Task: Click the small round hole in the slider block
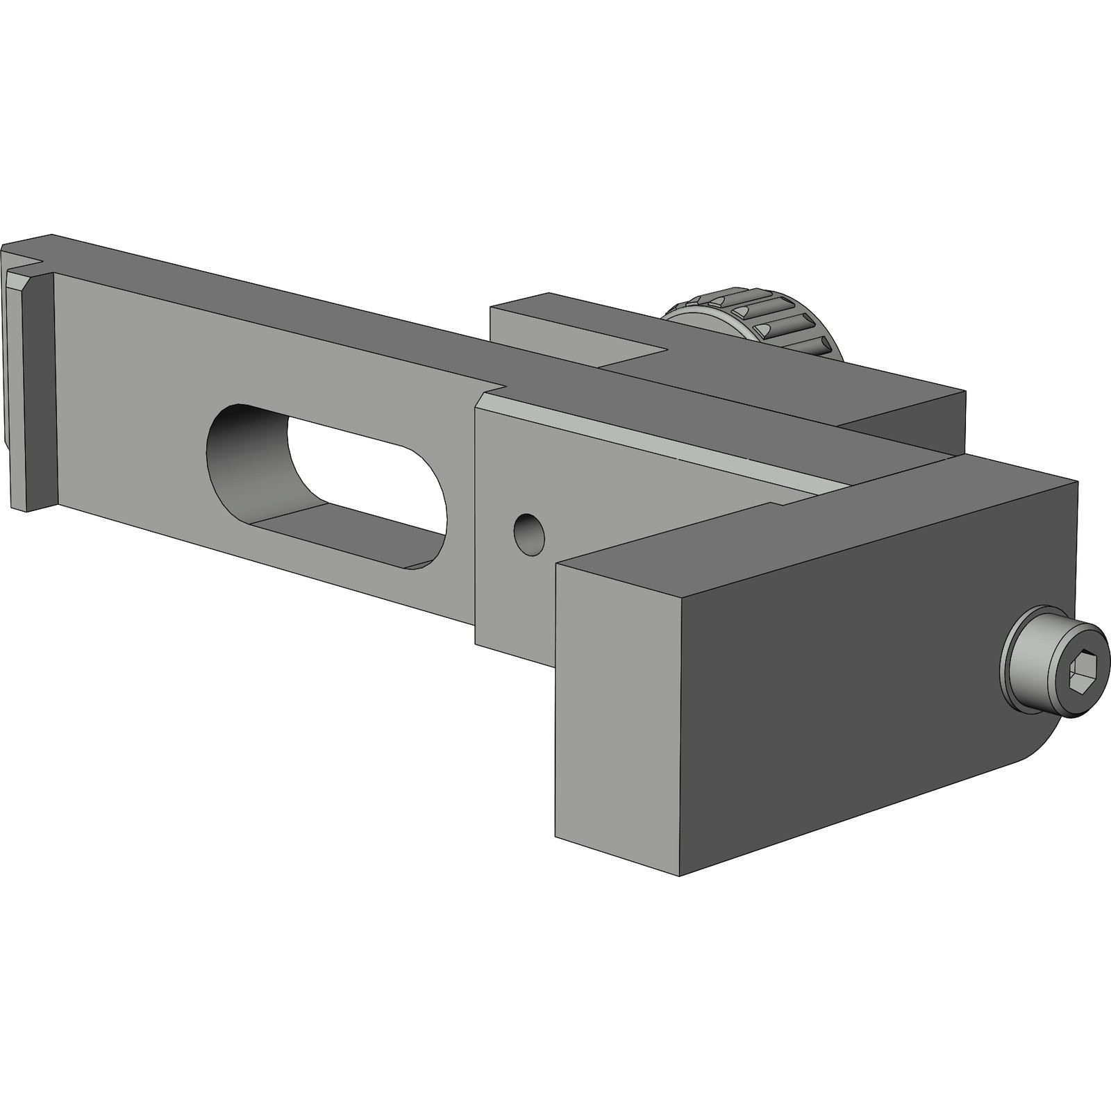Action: [x=528, y=535]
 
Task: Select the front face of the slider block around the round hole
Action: [x=590, y=500]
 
